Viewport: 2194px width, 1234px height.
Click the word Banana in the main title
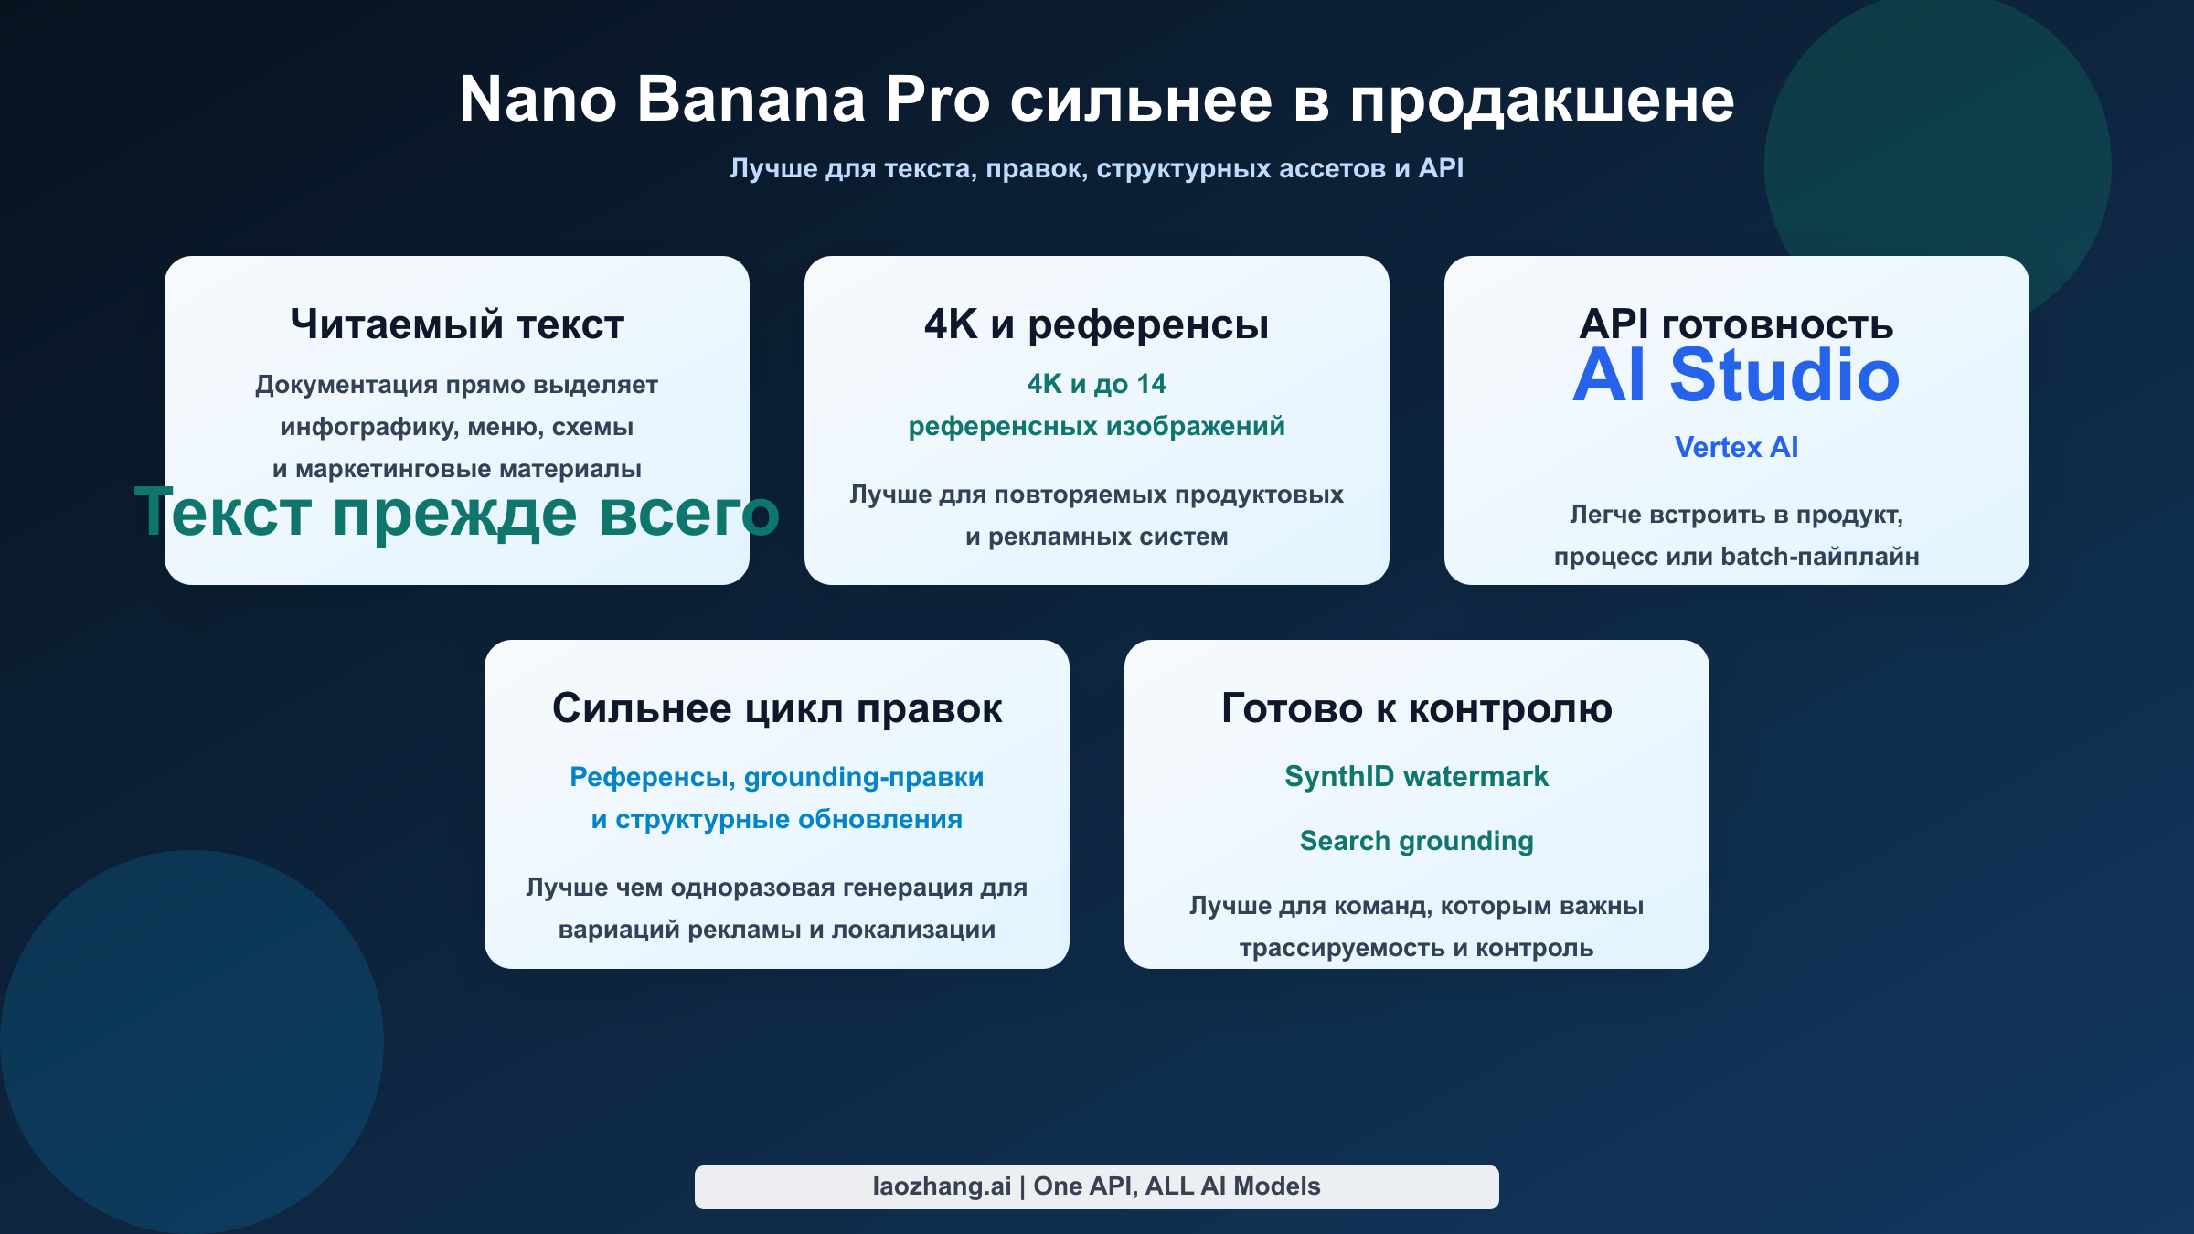coord(751,100)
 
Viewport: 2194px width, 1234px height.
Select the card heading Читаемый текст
coord(457,324)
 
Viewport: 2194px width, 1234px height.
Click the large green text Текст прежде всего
coord(457,513)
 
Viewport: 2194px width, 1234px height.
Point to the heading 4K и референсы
coord(1096,324)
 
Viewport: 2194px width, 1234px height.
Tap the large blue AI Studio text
coord(1736,376)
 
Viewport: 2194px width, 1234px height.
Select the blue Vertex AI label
coord(1736,447)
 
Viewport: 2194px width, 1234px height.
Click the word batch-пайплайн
coord(1820,557)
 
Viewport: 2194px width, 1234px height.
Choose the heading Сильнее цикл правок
coord(777,708)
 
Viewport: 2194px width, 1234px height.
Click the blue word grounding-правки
coord(864,777)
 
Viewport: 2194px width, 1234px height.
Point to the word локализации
coord(913,930)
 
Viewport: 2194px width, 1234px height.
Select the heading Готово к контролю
coord(1417,708)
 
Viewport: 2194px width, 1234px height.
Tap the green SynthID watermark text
coord(1417,777)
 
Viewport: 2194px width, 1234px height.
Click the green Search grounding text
coord(1417,841)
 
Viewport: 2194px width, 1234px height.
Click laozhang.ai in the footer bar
coord(942,1186)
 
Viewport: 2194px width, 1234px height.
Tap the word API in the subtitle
coord(1441,168)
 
